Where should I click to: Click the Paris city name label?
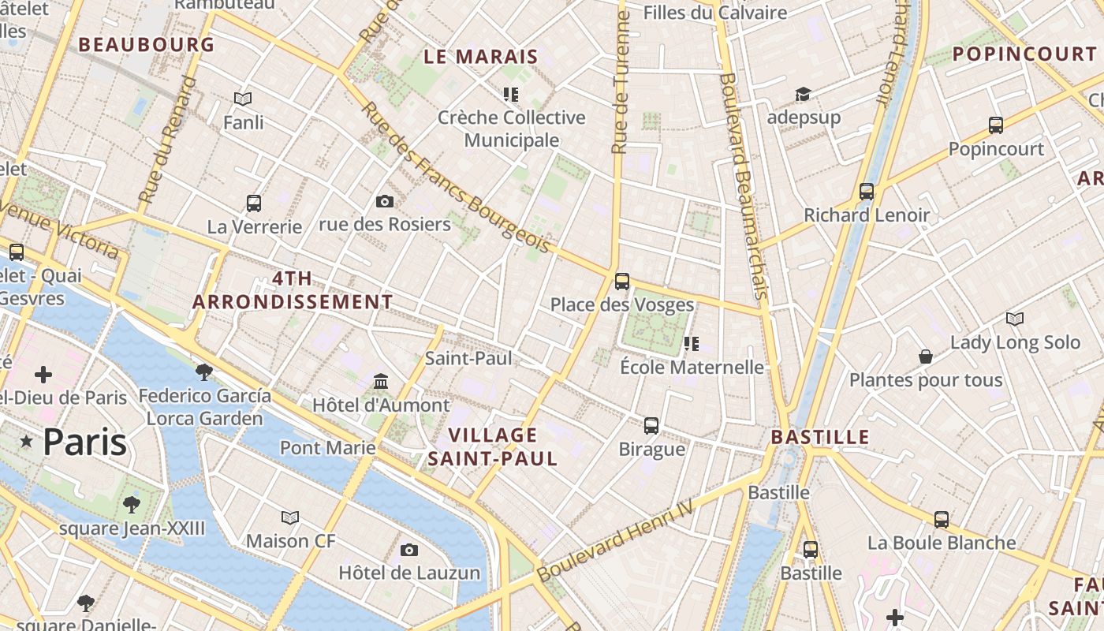[84, 442]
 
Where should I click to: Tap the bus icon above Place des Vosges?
[622, 281]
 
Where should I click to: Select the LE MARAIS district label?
[481, 57]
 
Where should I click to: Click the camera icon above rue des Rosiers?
[385, 201]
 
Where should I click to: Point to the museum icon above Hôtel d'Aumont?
[381, 382]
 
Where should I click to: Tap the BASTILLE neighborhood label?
[820, 437]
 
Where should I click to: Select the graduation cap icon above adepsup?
[803, 95]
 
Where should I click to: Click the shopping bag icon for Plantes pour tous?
[926, 357]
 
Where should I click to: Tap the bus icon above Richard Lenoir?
[867, 191]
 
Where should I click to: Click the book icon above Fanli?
[243, 99]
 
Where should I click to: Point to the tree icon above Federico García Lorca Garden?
[204, 372]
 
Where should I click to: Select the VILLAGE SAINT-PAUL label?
[493, 446]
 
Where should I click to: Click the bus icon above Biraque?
[651, 426]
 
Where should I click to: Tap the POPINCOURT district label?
[1024, 54]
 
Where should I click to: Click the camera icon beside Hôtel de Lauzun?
[408, 550]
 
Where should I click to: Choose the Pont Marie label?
[328, 448]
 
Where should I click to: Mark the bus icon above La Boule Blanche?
[942, 519]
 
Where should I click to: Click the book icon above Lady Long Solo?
[1015, 319]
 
